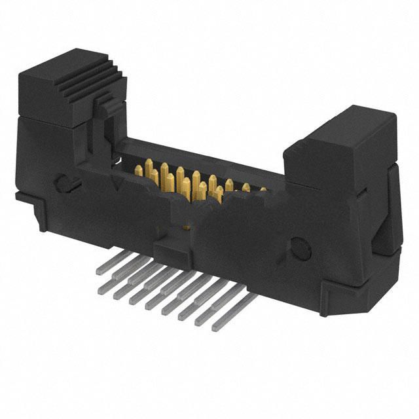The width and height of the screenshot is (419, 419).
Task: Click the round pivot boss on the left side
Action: pyautogui.click(x=62, y=184)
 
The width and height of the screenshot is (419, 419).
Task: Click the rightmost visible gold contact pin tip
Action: pyautogui.click(x=262, y=191)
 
